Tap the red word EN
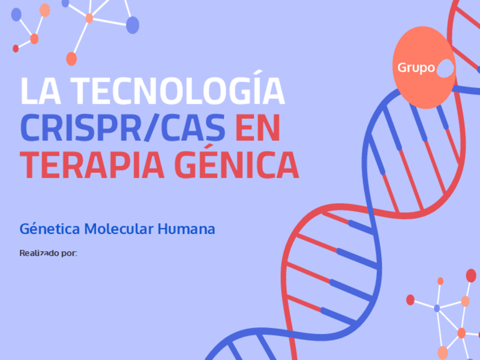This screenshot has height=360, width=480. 258,128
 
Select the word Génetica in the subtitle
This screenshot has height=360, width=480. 49,229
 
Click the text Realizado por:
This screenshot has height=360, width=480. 48,253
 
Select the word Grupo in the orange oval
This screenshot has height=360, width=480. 416,68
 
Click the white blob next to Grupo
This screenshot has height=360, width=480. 446,68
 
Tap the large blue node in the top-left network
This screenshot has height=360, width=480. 132,25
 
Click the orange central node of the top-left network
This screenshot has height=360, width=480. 89,18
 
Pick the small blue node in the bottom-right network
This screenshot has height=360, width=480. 436,308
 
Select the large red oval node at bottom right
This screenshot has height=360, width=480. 471,276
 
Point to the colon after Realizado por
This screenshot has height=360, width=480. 76,254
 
